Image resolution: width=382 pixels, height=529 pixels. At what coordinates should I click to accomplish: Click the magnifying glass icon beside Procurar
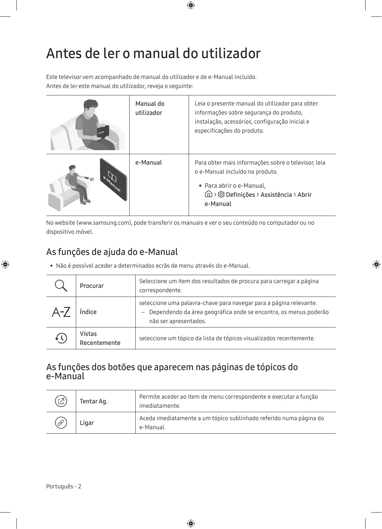(x=61, y=286)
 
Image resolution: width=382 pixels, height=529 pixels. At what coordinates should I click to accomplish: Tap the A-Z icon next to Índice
(x=61, y=312)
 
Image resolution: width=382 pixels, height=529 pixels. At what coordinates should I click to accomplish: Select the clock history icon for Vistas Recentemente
(x=61, y=338)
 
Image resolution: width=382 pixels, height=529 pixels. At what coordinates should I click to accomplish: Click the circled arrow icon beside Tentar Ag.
(x=61, y=401)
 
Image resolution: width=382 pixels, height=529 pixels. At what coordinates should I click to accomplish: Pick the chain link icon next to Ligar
(x=61, y=423)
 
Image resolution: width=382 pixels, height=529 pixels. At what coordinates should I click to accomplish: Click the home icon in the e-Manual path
(x=208, y=194)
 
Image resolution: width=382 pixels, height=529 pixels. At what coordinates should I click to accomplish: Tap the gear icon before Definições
(x=221, y=194)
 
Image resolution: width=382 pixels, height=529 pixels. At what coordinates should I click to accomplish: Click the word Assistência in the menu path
(x=276, y=195)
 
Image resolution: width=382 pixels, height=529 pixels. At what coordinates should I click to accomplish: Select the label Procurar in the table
(x=92, y=286)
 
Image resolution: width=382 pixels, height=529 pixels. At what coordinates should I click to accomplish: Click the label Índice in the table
(x=88, y=312)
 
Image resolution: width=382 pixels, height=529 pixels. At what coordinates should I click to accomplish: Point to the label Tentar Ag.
(x=94, y=401)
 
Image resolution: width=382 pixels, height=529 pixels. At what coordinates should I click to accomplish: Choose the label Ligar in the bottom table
(x=87, y=423)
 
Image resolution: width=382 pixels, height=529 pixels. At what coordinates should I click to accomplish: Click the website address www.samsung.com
(x=104, y=223)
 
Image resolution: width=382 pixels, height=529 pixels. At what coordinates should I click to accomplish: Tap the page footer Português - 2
(x=64, y=486)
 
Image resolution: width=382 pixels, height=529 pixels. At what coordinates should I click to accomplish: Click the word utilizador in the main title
(x=231, y=53)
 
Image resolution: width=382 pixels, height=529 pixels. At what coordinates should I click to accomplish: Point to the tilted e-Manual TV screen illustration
(x=113, y=180)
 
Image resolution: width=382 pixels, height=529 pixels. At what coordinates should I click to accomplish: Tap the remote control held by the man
(x=87, y=177)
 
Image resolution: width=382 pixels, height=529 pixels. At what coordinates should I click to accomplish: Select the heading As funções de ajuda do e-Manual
(x=112, y=252)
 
